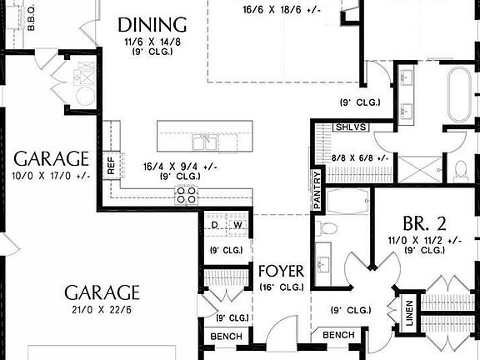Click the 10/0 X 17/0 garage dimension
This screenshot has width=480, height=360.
click(50, 176)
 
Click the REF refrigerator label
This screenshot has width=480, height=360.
click(111, 166)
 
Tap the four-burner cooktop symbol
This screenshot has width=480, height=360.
click(187, 195)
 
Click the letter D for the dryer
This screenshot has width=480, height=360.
click(214, 225)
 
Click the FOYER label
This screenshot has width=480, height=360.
click(281, 272)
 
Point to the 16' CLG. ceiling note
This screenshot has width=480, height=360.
click(281, 287)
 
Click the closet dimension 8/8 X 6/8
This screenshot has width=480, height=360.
click(359, 157)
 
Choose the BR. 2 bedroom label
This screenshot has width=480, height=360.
click(425, 223)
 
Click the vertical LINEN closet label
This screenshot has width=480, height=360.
click(409, 314)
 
